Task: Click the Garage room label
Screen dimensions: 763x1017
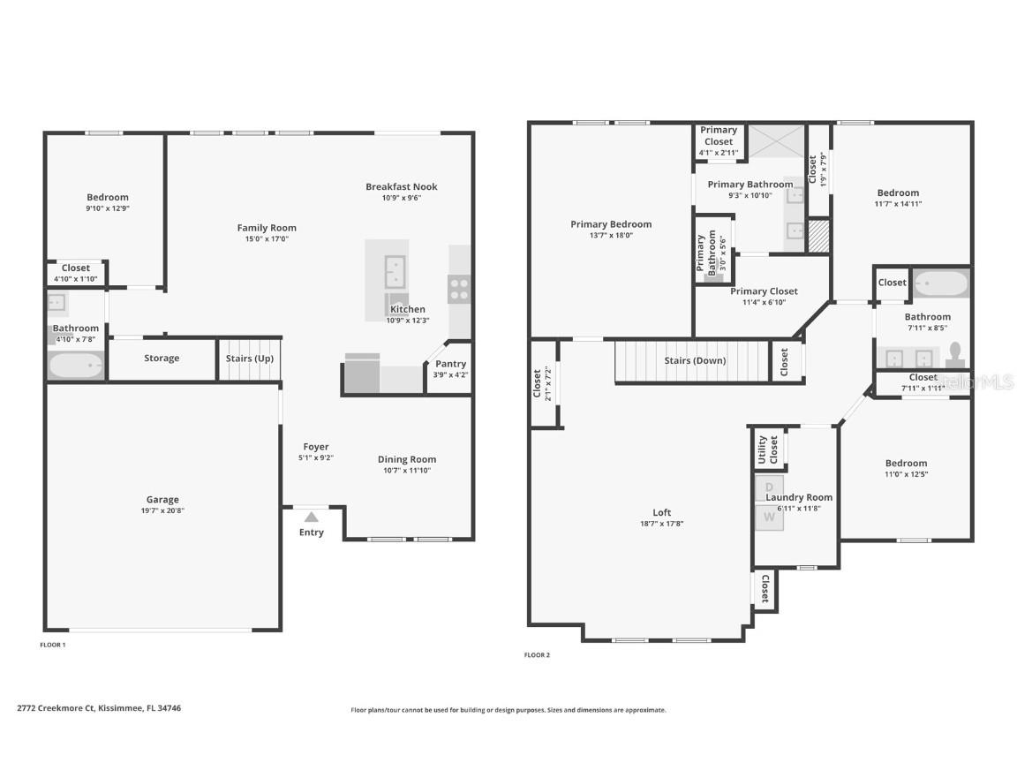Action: (x=162, y=500)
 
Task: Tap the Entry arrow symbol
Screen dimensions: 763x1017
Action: (x=311, y=517)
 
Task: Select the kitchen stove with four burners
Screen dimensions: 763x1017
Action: (x=460, y=287)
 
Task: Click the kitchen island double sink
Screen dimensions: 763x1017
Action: (x=394, y=271)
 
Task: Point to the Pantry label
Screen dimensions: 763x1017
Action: (x=450, y=364)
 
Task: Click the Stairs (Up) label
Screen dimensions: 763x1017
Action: (x=250, y=359)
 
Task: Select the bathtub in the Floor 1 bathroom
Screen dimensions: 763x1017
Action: (x=76, y=366)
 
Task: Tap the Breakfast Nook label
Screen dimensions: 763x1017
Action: (x=402, y=186)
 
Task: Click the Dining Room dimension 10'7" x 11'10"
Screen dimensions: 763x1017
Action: (x=407, y=471)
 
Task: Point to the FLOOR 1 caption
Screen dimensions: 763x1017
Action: (x=53, y=645)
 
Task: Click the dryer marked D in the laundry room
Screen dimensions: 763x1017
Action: (x=769, y=487)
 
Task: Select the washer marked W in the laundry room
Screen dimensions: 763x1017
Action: (x=769, y=517)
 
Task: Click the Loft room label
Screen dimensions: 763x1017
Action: (x=662, y=512)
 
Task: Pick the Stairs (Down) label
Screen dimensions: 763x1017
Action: (x=695, y=360)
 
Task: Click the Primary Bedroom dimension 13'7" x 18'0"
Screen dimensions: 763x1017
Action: (x=611, y=236)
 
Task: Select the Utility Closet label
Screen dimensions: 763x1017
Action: (x=768, y=449)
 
